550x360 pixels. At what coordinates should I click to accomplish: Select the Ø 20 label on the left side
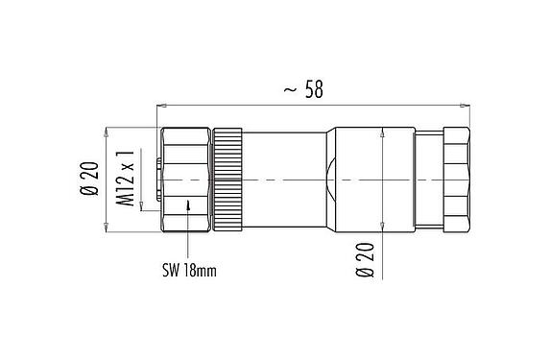coord(91,179)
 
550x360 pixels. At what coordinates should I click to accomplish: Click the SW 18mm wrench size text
coord(189,272)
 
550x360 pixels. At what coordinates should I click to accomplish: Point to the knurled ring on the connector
coord(229,179)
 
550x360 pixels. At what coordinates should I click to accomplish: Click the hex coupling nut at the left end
coord(185,179)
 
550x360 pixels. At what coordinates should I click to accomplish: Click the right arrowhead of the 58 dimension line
coord(466,103)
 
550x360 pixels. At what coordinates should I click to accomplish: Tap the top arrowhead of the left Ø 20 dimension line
coord(108,131)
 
